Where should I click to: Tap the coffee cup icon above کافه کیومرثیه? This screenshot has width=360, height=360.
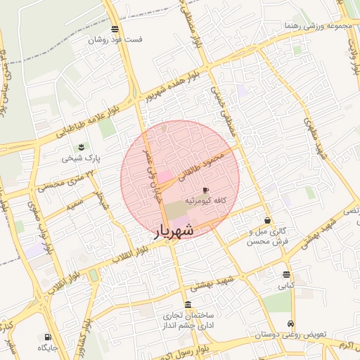coord(205,190)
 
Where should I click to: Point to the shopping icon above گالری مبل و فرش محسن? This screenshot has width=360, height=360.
coord(267,221)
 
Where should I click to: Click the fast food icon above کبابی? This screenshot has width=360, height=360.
coord(286,275)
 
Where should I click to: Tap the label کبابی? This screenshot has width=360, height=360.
coord(286,286)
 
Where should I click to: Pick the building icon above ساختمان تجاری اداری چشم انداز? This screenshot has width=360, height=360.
coord(187,304)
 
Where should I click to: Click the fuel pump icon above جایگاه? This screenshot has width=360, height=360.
coord(48,337)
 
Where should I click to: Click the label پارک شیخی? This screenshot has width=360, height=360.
coord(81,158)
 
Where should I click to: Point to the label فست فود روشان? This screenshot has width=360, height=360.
coord(115,39)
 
